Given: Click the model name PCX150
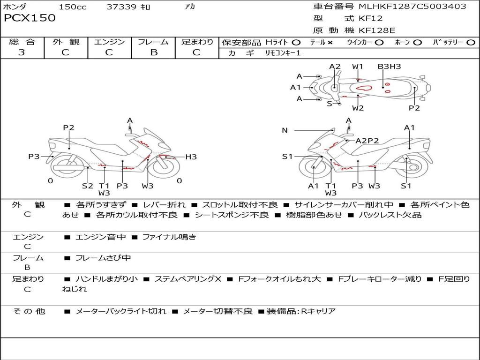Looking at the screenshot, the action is click(x=30, y=18).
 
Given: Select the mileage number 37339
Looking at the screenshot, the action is click(x=121, y=7).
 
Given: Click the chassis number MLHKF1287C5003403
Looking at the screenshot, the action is click(x=412, y=7).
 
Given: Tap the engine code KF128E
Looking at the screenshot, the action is click(x=377, y=30).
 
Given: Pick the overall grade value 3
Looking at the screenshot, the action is click(x=22, y=52).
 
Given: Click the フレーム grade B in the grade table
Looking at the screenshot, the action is click(x=153, y=52).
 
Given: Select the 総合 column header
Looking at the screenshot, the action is click(x=22, y=42).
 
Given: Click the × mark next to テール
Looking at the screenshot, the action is click(x=330, y=43).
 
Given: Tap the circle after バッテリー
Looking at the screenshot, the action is click(x=471, y=43).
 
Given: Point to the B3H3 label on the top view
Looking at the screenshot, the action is click(x=389, y=67).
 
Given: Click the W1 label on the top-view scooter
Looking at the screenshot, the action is click(x=358, y=67).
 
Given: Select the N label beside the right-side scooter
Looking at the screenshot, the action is click(x=285, y=130).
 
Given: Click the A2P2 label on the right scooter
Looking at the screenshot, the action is click(x=367, y=140).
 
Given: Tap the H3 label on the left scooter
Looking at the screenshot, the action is click(x=191, y=157).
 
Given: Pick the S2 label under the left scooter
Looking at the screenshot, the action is click(x=88, y=186).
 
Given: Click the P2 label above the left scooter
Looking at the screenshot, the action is click(x=69, y=127).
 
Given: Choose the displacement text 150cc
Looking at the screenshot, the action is click(x=73, y=7).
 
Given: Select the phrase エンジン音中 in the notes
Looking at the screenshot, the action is click(x=100, y=237).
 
